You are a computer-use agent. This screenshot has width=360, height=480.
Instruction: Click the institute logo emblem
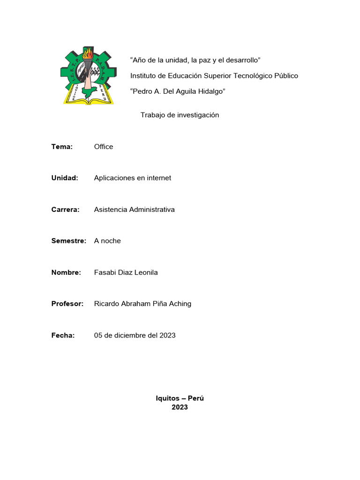(x=88, y=75)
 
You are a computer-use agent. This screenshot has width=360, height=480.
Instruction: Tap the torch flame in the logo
(x=87, y=53)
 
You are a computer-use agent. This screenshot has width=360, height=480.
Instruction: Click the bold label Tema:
(x=62, y=147)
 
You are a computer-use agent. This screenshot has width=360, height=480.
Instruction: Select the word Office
(x=104, y=147)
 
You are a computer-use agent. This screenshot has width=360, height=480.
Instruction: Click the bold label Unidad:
(x=64, y=178)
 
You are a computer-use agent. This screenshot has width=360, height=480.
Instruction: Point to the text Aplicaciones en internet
(x=133, y=178)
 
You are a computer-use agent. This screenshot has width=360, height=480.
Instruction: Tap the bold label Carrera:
(x=65, y=210)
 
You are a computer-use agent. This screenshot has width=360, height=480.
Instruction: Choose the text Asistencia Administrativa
(x=134, y=210)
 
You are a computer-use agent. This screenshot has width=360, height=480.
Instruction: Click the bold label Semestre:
(x=69, y=241)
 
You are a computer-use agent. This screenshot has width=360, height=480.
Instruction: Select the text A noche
(x=107, y=241)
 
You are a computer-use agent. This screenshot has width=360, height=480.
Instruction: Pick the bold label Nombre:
(x=66, y=272)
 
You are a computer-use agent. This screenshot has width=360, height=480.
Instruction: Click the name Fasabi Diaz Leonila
(x=126, y=272)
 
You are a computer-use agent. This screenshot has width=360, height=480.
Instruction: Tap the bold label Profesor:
(x=67, y=304)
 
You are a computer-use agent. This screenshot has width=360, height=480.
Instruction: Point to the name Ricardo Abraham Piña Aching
(x=142, y=304)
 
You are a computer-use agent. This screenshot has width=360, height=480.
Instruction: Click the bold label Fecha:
(x=63, y=335)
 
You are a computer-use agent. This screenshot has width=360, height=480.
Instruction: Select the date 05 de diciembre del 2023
(x=135, y=335)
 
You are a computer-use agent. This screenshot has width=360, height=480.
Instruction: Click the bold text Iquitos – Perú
(x=180, y=398)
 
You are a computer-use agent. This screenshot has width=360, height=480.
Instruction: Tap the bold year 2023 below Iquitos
(x=180, y=407)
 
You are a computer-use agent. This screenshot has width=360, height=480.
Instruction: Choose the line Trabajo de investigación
(x=180, y=115)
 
